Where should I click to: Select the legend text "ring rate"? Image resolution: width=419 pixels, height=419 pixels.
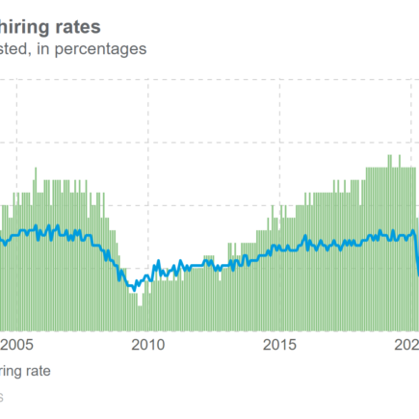(x=25, y=370)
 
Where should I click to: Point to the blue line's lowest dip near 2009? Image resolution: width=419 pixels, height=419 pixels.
(x=135, y=287)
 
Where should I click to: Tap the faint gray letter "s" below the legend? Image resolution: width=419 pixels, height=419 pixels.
(x=3, y=396)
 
